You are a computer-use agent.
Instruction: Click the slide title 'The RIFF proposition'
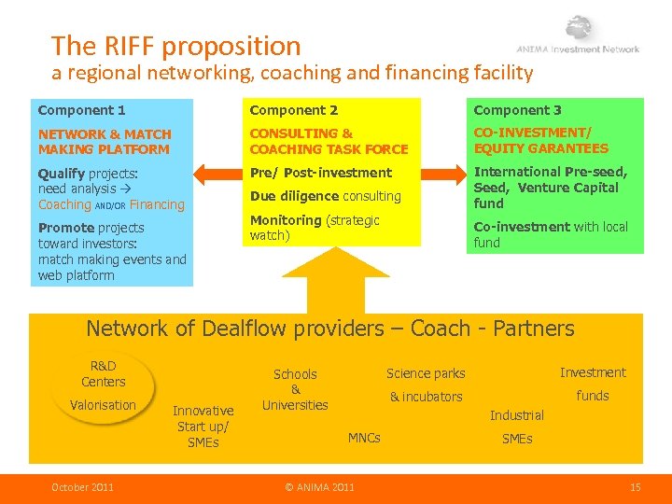176,45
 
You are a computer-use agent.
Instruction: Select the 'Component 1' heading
82,110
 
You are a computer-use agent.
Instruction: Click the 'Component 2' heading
293,110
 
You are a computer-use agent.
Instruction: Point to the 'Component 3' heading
517,110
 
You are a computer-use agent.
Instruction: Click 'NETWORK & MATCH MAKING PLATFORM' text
105,142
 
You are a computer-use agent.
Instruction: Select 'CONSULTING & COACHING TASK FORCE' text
329,142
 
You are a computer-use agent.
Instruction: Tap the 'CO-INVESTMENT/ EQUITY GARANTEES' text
540,141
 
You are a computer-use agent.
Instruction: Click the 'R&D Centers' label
103,373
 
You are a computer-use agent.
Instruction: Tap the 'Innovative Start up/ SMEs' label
203,427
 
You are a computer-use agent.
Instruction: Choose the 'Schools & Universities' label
295,389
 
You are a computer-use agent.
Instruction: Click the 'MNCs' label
364,438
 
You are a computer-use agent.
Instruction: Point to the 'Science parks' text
426,373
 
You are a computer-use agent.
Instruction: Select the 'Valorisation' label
103,405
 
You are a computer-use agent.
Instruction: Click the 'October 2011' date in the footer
83,486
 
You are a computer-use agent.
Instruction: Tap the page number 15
635,486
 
